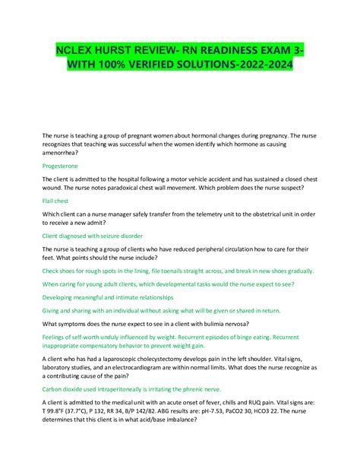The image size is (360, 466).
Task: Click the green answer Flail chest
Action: coord(55,201)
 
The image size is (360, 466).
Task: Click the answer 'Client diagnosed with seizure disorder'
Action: coord(91,236)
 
